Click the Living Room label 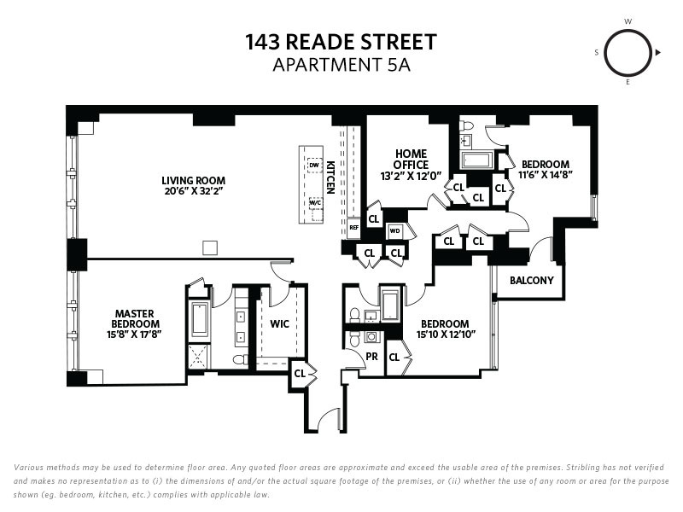click(x=194, y=180)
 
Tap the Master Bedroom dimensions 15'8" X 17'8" click(x=135, y=335)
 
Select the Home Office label click(x=411, y=160)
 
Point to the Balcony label click(x=531, y=280)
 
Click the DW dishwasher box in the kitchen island click(x=314, y=166)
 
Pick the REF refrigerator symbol click(x=353, y=228)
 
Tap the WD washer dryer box click(x=394, y=230)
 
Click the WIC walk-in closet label click(x=279, y=324)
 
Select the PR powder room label click(x=371, y=357)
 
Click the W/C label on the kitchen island click(x=315, y=202)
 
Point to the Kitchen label click(x=330, y=177)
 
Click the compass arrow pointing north click(x=657, y=53)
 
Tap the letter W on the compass click(x=628, y=21)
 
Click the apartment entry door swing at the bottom click(x=329, y=421)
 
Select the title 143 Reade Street click(x=341, y=42)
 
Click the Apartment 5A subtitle click(x=341, y=65)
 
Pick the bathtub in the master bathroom click(x=200, y=320)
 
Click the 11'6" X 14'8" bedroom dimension click(x=545, y=175)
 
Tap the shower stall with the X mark click(x=199, y=357)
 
